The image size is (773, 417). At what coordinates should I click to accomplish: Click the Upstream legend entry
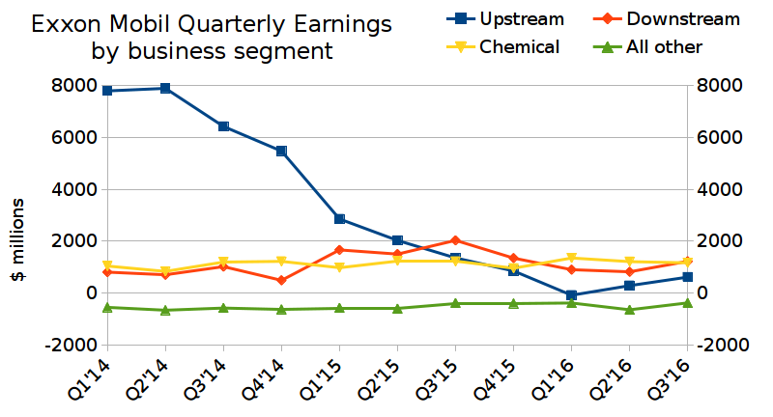522,18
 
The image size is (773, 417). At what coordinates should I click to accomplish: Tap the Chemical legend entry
520,46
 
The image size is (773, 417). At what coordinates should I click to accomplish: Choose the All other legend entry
665,46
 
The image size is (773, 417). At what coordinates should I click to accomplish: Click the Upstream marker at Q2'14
165,88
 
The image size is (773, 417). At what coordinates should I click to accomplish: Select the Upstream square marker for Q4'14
281,151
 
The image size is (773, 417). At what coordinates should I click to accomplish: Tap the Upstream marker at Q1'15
339,219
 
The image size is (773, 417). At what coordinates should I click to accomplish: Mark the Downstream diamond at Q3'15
455,240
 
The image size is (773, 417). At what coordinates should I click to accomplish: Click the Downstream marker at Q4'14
281,280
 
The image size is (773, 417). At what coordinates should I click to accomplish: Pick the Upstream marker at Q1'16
571,295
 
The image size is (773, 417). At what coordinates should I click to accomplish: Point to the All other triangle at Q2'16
629,310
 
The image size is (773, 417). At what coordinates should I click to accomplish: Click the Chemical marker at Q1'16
571,258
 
